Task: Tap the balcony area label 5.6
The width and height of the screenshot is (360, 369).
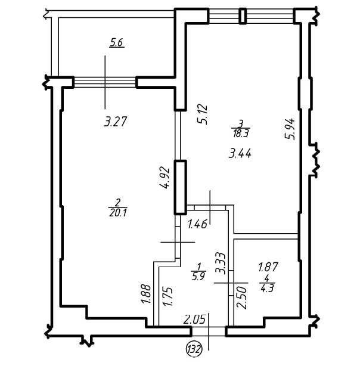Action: [x=117, y=42]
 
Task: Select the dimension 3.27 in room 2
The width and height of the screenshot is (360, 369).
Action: [x=117, y=122]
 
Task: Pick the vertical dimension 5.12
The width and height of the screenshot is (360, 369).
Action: [x=203, y=113]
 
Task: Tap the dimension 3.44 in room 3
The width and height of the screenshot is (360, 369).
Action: [x=240, y=153]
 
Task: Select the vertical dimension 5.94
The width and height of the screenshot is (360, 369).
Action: [x=290, y=128]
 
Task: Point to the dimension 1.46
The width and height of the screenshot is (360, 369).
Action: [x=197, y=225]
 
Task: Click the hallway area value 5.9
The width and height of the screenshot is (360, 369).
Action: [x=199, y=276]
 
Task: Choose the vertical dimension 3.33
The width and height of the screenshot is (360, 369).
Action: [x=219, y=262]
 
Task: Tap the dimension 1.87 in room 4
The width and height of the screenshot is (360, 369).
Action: [x=268, y=267]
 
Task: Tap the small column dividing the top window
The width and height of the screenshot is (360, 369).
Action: [x=243, y=15]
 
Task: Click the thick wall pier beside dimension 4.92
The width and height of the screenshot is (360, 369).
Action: [x=179, y=187]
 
